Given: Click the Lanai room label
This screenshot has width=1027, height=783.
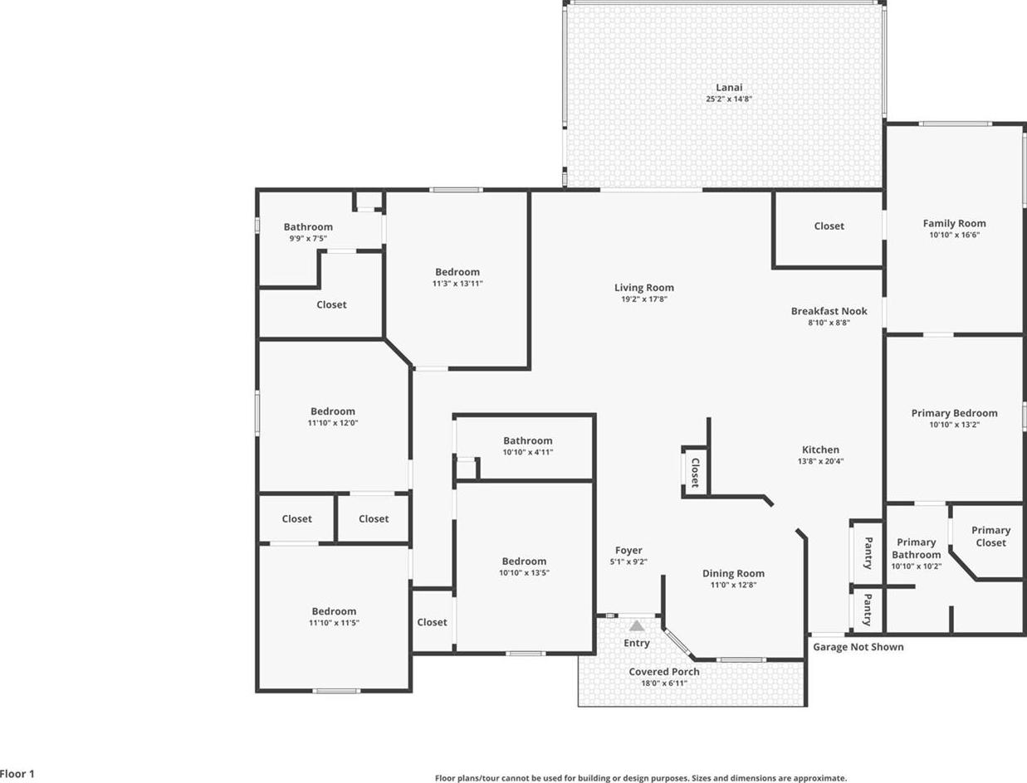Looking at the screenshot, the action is tap(729, 87).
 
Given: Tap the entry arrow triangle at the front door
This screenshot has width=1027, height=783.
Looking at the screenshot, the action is tap(636, 626).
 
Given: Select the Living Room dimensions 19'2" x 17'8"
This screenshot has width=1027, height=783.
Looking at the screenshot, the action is tap(643, 299).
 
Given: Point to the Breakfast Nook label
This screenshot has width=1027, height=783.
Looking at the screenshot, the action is tap(829, 311).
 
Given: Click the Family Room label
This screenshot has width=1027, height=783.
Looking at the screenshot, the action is tap(954, 223).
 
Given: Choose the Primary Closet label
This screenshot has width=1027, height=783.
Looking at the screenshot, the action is tap(991, 537).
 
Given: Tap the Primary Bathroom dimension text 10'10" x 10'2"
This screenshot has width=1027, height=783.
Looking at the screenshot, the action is tap(916, 566).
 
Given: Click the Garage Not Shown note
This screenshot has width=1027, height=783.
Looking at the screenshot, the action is tap(858, 647).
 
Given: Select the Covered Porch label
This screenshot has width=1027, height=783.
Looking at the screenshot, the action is tap(664, 672).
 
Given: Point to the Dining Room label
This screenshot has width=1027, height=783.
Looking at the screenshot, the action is tap(733, 574).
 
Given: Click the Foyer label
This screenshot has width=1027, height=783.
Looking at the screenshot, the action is tap(628, 551).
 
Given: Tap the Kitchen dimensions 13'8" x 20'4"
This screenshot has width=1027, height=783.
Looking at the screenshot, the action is tap(820, 461).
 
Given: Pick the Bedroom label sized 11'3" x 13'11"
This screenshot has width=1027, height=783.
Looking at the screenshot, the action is tap(457, 272).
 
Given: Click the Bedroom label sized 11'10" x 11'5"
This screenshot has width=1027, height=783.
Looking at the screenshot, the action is tap(334, 611).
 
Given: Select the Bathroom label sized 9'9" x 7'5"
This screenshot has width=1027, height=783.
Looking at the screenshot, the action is tap(308, 227).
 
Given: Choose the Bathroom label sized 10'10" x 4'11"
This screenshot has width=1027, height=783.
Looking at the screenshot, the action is tap(528, 440).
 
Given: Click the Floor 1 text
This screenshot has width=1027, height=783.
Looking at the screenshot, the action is tap(17, 774).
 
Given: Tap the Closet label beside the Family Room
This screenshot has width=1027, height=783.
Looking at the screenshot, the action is tap(829, 226).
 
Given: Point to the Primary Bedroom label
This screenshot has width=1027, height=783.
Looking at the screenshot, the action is tap(954, 413).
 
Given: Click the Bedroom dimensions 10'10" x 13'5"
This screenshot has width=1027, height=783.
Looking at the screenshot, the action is tap(524, 572).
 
